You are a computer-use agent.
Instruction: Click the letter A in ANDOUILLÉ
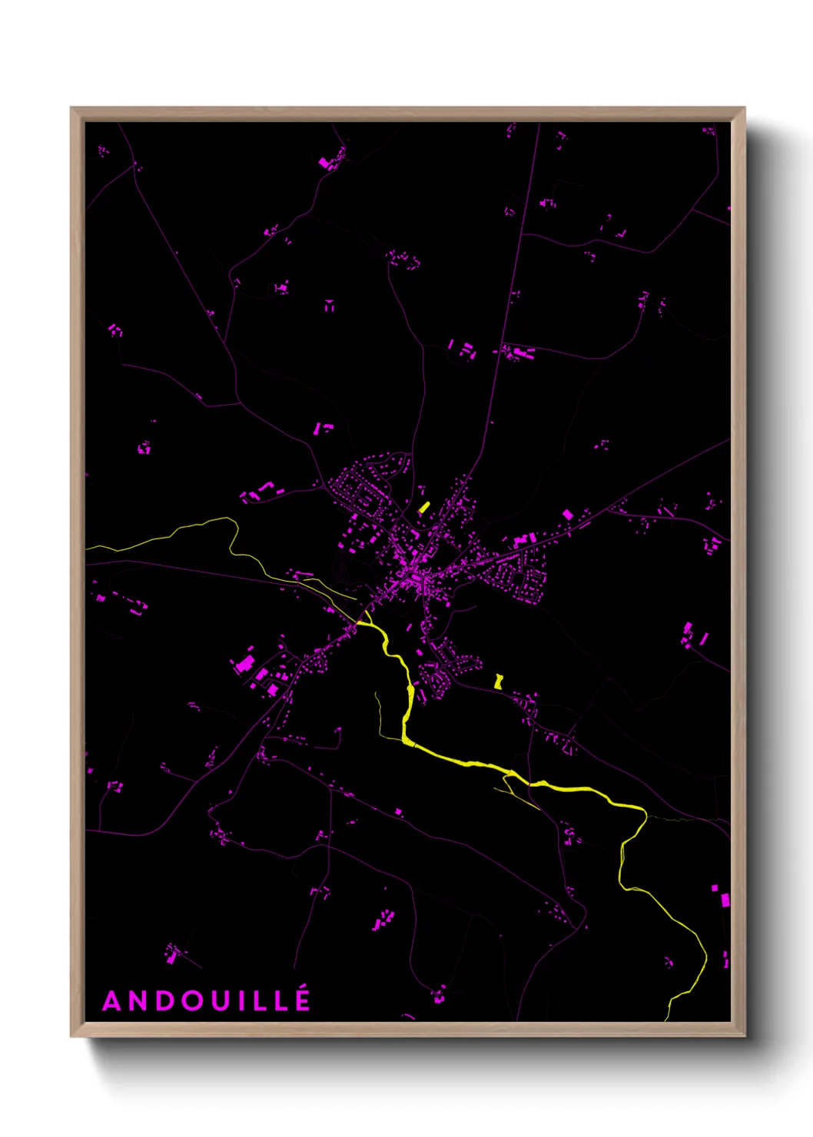[112, 1001]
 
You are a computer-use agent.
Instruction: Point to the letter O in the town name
[193, 1001]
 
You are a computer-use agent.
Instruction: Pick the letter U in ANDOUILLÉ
[221, 1001]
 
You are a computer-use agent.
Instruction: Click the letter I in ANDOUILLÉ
[242, 1001]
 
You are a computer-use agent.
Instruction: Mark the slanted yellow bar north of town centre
[423, 507]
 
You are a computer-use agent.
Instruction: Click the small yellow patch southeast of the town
[499, 681]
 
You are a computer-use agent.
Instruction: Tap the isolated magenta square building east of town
[568, 514]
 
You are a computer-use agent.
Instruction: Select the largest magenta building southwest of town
[246, 663]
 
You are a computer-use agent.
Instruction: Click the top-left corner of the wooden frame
[71, 108]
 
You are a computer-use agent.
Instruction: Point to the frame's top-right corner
[744, 108]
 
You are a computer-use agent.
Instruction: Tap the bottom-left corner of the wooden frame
[71, 1036]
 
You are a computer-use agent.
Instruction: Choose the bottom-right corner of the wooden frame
[744, 1036]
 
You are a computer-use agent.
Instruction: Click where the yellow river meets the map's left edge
[86, 548]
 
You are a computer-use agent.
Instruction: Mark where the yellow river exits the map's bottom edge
[666, 1020]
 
